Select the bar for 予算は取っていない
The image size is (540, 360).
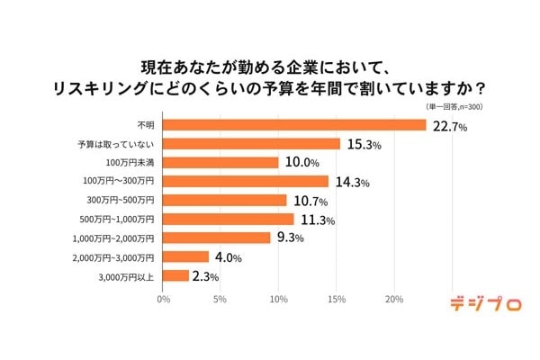[252, 144]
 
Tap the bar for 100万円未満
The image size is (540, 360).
[221, 163]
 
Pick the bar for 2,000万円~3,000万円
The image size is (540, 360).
[186, 256]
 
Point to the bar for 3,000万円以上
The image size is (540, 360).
[176, 275]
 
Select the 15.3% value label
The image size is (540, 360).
[363, 145]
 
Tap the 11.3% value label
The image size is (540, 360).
[316, 220]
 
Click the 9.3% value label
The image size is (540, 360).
[291, 238]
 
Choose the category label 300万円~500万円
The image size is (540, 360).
[118, 201]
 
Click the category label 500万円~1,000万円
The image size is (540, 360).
[114, 220]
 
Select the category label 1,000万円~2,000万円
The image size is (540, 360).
[112, 238]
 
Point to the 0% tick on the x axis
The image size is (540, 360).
[163, 299]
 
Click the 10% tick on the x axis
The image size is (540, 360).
[279, 299]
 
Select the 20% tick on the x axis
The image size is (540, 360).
[394, 299]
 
